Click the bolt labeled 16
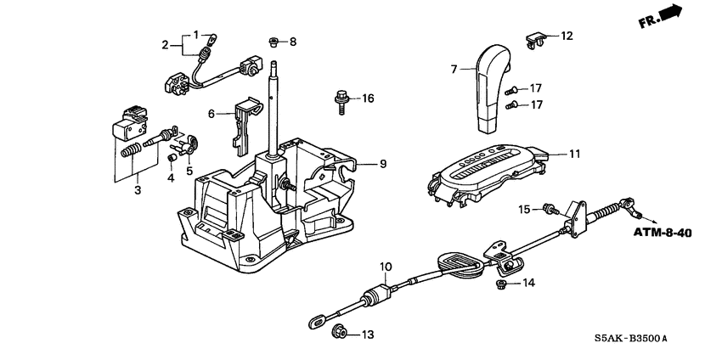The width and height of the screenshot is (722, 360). click(x=338, y=100)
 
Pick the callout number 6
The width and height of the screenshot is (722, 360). click(x=212, y=113)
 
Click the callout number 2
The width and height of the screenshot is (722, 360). click(x=166, y=44)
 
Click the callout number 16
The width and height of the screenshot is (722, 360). click(x=367, y=99)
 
